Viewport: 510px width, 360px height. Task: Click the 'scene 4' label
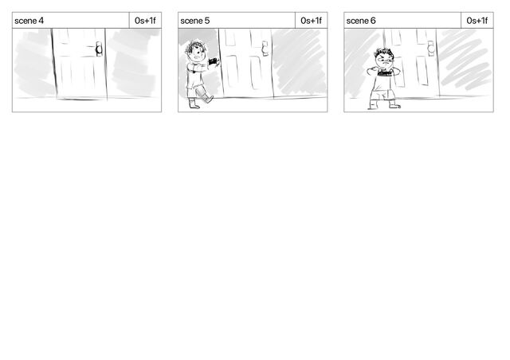click(29, 21)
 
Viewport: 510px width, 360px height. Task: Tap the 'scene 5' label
click(194, 21)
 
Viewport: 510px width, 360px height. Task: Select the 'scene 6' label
click(361, 21)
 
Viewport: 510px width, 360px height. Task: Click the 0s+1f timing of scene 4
click(145, 21)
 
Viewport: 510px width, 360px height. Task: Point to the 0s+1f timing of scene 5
click(311, 21)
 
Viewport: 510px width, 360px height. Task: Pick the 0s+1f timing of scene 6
click(477, 21)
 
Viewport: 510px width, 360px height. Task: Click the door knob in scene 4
click(99, 49)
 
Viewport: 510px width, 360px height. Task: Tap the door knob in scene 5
click(265, 49)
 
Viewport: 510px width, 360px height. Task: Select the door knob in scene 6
click(431, 49)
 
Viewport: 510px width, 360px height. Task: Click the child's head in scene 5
click(196, 51)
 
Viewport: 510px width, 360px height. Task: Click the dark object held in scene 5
click(214, 61)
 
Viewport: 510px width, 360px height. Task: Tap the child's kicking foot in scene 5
click(209, 99)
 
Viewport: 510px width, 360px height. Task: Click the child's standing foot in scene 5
click(194, 104)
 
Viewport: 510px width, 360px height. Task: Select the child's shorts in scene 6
click(383, 95)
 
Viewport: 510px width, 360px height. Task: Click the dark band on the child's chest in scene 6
click(384, 74)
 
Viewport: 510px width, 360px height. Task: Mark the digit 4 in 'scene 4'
click(41, 21)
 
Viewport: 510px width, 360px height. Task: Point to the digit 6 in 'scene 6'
click(373, 21)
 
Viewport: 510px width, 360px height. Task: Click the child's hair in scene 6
click(384, 53)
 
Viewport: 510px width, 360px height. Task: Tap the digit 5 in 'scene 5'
click(207, 21)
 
